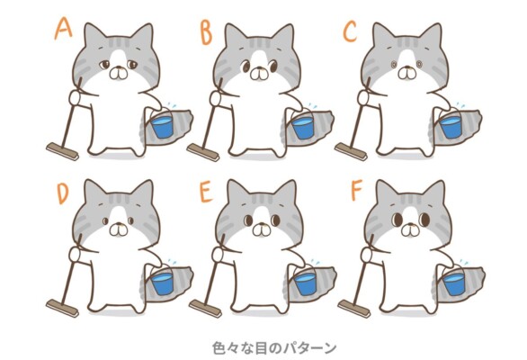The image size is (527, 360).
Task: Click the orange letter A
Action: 63,29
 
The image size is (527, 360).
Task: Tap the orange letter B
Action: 206,33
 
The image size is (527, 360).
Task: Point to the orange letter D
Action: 63,193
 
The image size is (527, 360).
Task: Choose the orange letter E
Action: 206,192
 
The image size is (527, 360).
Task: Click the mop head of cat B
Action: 203,152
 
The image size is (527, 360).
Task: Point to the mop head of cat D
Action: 62,308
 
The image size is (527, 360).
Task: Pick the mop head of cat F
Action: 354,309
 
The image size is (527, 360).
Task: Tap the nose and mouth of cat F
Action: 410,229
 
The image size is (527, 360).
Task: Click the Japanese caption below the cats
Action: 274,348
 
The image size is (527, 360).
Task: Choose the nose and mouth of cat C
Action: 406,73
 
